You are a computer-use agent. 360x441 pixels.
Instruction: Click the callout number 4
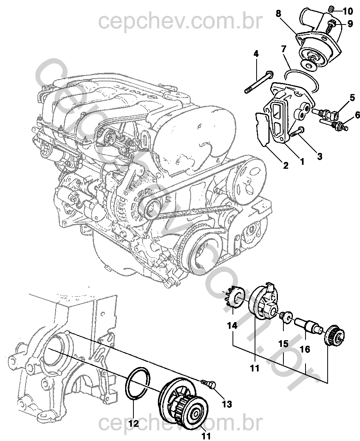pyautogui.click(x=256, y=54)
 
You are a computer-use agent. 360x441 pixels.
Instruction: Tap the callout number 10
pyautogui.click(x=350, y=10)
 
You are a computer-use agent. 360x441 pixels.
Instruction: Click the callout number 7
pyautogui.click(x=283, y=49)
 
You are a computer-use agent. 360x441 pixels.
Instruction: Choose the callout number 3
pyautogui.click(x=319, y=156)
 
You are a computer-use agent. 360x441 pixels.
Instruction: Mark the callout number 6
pyautogui.click(x=358, y=115)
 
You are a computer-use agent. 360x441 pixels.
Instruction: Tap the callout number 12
pyautogui.click(x=134, y=424)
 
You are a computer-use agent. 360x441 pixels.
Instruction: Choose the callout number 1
pyautogui.click(x=302, y=161)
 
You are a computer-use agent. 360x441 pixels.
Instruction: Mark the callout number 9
pyautogui.click(x=350, y=24)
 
